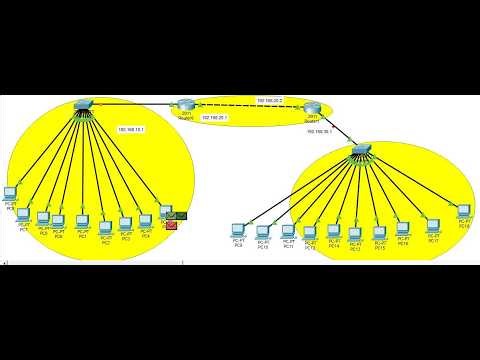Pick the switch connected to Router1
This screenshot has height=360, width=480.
[x=361, y=150]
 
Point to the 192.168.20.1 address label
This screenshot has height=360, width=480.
[x=216, y=118]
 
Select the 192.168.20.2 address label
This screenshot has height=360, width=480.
[x=270, y=101]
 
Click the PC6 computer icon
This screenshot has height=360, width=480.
[x=11, y=191]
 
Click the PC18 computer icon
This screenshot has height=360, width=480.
[x=463, y=213]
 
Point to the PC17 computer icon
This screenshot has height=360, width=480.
[x=434, y=227]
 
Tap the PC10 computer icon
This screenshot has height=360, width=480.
[x=263, y=231]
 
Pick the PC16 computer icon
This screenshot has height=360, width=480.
[x=403, y=229]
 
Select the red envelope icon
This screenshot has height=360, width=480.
[x=171, y=225]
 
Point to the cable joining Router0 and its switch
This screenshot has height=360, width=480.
[x=134, y=104]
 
